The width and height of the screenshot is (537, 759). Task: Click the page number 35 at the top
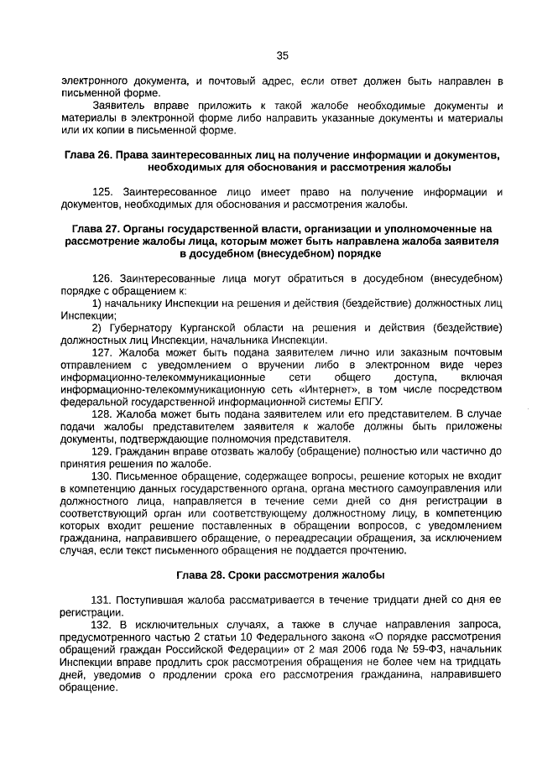coord(282,55)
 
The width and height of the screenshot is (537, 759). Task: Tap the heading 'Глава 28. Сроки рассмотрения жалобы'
coord(281,575)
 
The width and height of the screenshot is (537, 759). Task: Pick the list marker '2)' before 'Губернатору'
coord(96,327)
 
